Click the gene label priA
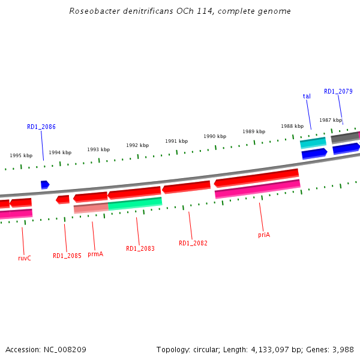(x=264, y=235)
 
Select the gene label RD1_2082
(x=193, y=243)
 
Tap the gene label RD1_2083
(x=140, y=248)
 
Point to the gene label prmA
(x=95, y=254)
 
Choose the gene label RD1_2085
(x=67, y=256)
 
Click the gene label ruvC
(x=25, y=258)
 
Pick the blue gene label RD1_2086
(x=41, y=127)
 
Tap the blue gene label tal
(x=307, y=96)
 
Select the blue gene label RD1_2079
(x=338, y=91)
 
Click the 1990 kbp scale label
(x=214, y=136)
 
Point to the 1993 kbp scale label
(x=98, y=149)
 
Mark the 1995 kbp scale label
(x=21, y=155)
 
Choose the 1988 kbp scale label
(x=292, y=126)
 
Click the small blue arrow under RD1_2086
(x=45, y=184)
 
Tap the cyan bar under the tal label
(x=313, y=143)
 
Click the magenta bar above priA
(x=257, y=189)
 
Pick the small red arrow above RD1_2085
(x=62, y=199)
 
